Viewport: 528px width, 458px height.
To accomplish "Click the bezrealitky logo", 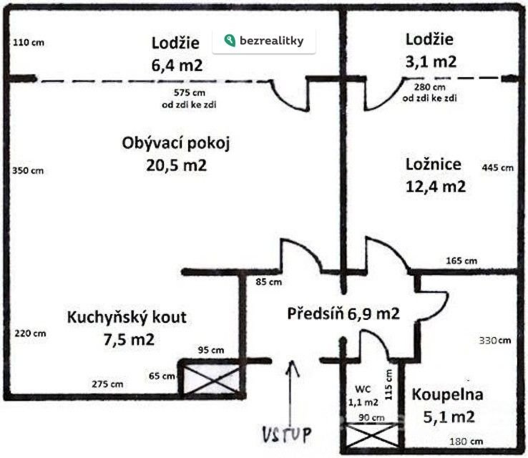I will [x=264, y=41].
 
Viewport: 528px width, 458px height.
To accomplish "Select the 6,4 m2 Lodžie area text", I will [x=177, y=65].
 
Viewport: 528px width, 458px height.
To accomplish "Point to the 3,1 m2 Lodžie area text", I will [x=430, y=62].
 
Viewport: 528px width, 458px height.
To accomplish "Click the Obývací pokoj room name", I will [x=177, y=142].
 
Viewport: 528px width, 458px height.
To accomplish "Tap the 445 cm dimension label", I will [x=498, y=168].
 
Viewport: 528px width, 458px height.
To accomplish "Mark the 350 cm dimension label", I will [x=29, y=170].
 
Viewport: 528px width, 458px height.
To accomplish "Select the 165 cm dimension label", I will [x=461, y=260].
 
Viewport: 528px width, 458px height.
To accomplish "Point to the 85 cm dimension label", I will [x=268, y=282].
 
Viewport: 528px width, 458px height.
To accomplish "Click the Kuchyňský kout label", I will [x=127, y=317].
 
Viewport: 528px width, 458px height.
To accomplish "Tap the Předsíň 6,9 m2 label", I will [x=343, y=313].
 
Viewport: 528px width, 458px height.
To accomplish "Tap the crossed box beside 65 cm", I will [x=211, y=379].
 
